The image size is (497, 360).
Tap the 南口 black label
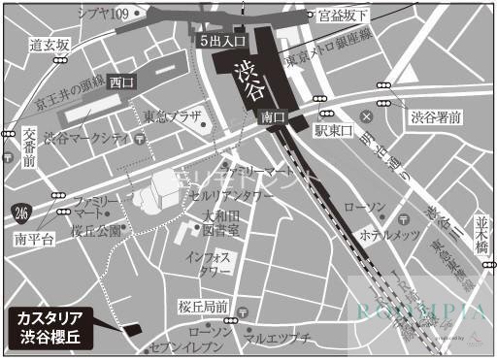(273, 116)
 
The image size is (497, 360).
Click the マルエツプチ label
(276, 338)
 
